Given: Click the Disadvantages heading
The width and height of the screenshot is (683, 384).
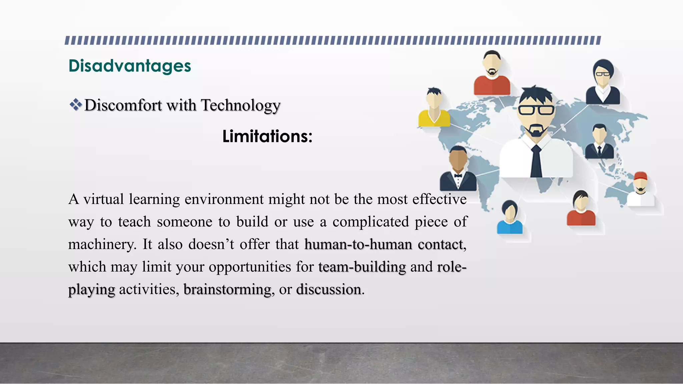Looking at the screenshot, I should coord(129,66).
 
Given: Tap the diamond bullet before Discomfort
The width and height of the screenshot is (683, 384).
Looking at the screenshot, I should coord(76,105).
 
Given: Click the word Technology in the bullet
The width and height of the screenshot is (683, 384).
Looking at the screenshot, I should coord(240,105).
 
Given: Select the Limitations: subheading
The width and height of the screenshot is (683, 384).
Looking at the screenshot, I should coord(267,136).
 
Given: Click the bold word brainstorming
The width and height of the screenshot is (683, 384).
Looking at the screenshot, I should coord(227,289).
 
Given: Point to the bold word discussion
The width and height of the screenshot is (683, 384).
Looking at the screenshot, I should coord(328,289).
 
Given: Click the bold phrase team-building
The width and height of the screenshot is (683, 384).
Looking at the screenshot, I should coord(362,267).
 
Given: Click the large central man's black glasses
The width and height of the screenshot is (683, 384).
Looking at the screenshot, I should coord(536,110).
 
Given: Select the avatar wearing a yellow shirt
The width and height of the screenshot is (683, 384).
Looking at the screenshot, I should coord(434,108).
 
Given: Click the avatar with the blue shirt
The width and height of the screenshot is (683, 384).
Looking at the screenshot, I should coord(509,218).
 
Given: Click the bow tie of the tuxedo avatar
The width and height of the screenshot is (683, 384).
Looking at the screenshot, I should coord(458,175).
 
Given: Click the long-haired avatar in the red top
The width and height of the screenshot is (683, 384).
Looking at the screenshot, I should coord(581,209).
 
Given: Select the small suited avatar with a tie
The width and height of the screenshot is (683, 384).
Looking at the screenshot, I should coord(599,142).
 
